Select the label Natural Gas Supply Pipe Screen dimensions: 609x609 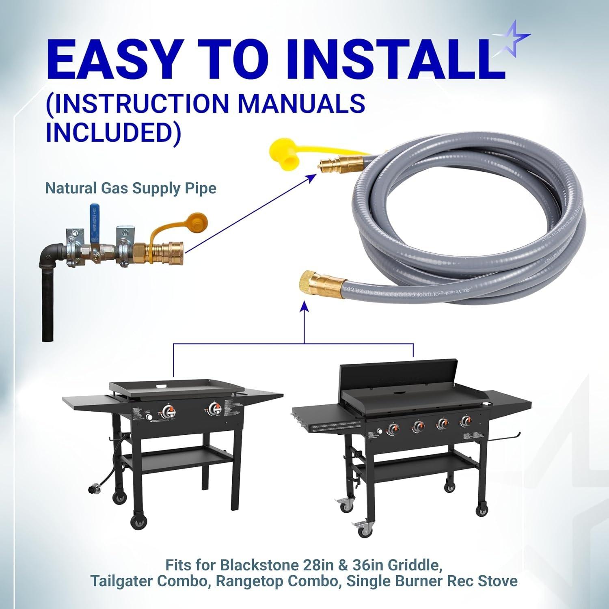(x=130, y=188)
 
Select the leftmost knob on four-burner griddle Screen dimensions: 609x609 (x=393, y=428)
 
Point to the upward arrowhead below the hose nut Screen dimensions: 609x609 (x=304, y=306)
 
